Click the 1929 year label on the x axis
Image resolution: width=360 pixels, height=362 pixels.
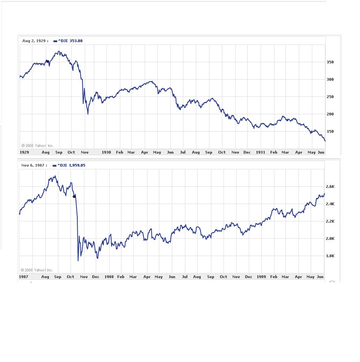pyautogui.click(x=24, y=152)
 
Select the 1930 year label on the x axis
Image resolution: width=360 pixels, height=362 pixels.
pyautogui.click(x=106, y=152)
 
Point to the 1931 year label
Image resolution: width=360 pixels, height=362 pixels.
pyautogui.click(x=260, y=152)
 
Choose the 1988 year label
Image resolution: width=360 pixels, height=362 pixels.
pyautogui.click(x=109, y=277)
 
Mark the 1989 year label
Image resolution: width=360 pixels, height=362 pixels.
pyautogui.click(x=261, y=277)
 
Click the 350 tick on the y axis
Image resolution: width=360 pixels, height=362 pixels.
pyautogui.click(x=330, y=62)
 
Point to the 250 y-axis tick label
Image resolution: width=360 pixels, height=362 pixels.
pyautogui.click(x=330, y=97)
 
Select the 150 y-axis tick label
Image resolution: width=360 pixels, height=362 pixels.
pyautogui.click(x=330, y=132)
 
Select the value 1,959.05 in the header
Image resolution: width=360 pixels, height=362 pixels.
pyautogui.click(x=77, y=165)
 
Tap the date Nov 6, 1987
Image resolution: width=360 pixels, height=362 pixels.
pyautogui.click(x=34, y=165)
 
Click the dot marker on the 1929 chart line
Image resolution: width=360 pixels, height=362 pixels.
pyautogui.click(x=48, y=61)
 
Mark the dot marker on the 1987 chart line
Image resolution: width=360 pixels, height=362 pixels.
pyautogui.click(x=74, y=196)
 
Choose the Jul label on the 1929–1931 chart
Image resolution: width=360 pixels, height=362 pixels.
pyautogui.click(x=183, y=152)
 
